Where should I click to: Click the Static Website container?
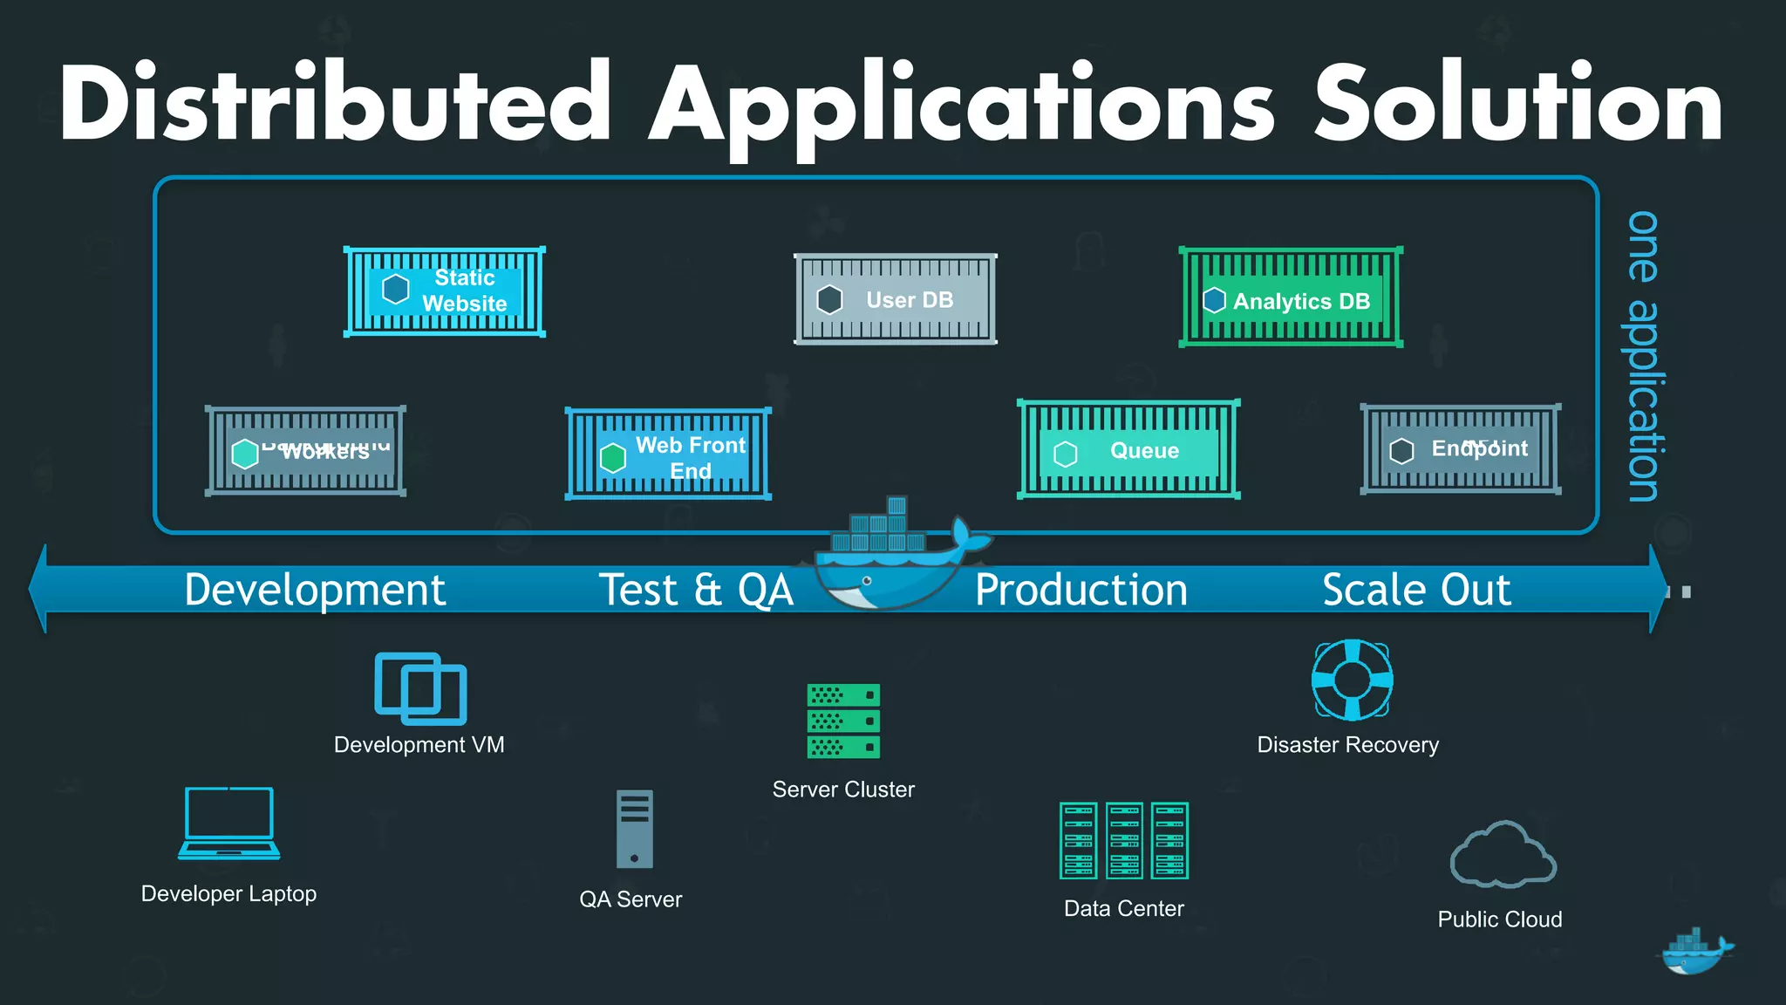(445, 291)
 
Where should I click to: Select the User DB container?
(896, 299)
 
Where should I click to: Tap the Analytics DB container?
(1291, 297)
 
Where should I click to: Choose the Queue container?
(1128, 450)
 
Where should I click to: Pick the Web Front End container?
(668, 455)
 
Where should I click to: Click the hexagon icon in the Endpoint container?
(1401, 451)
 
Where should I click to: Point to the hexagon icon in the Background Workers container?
(245, 454)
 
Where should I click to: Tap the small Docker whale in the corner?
(1694, 952)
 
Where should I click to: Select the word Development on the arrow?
(315, 590)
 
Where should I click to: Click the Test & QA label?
(696, 590)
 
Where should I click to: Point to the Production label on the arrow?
(1081, 590)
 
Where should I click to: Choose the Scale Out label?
(1416, 590)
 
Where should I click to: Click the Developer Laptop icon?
(229, 824)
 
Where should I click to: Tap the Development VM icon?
(420, 688)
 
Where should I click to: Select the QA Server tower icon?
(634, 829)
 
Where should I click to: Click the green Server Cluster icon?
(843, 721)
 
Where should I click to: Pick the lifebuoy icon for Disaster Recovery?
(1352, 680)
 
